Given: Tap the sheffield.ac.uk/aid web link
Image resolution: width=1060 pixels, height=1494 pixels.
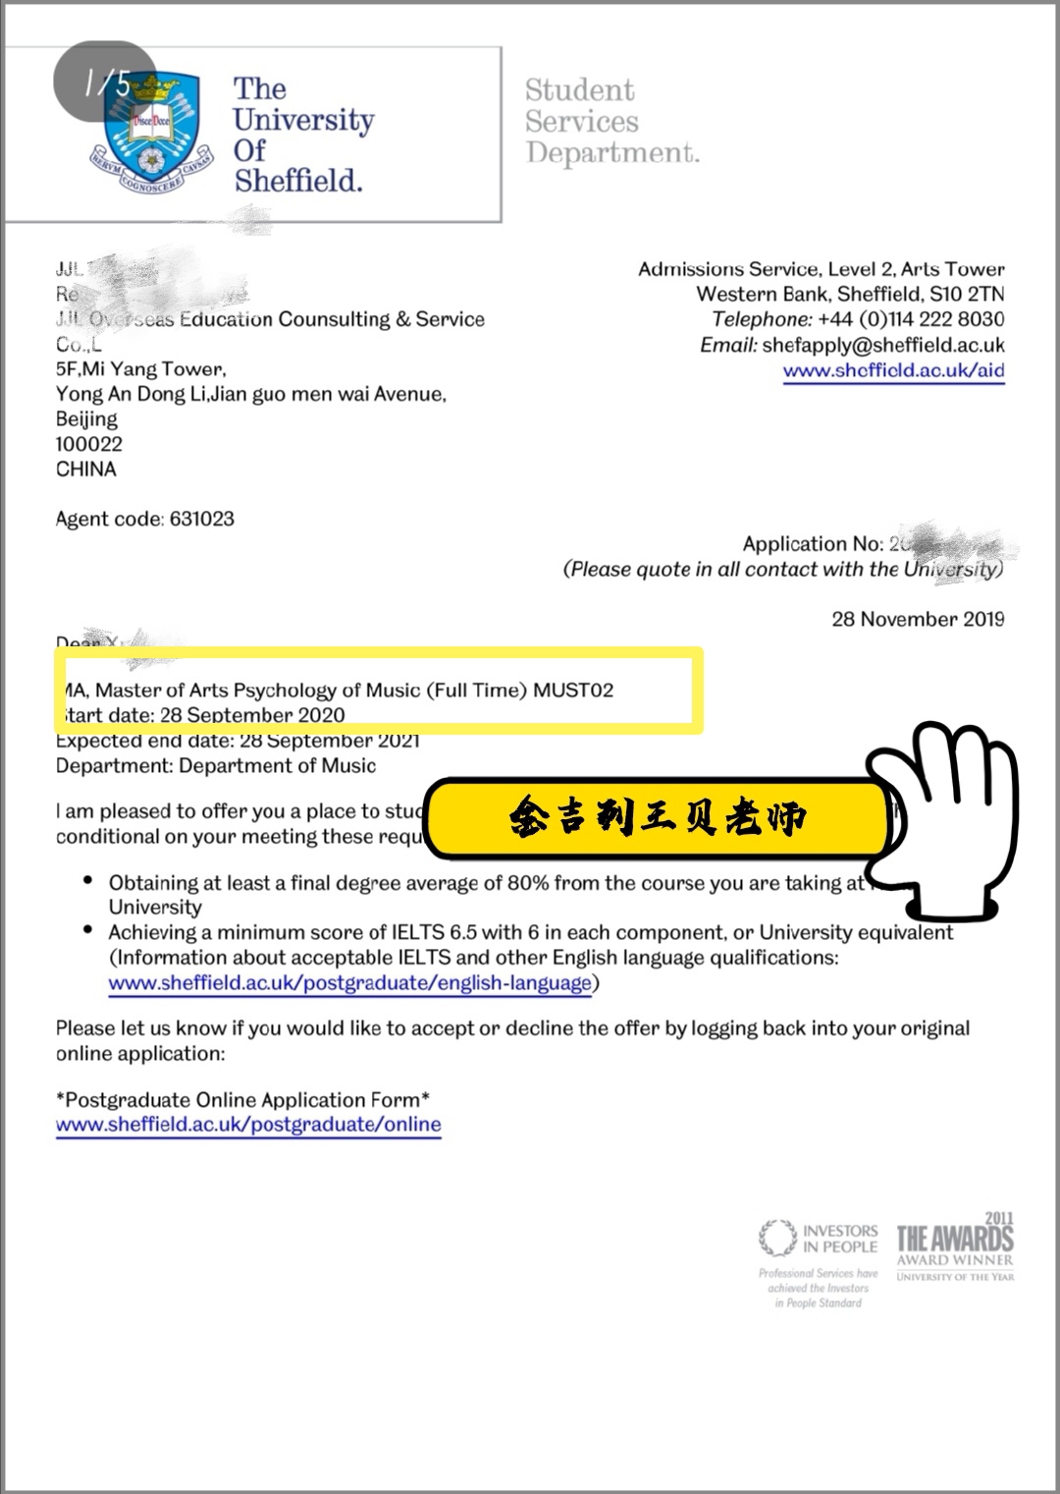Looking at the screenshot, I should [x=893, y=371].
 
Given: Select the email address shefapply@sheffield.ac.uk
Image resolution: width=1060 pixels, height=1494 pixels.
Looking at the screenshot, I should [x=882, y=345].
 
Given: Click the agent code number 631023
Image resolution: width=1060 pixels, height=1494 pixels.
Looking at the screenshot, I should [x=202, y=519].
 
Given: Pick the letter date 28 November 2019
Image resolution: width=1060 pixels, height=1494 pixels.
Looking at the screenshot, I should [x=918, y=619].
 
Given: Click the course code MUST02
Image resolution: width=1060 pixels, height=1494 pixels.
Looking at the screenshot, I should [x=573, y=690].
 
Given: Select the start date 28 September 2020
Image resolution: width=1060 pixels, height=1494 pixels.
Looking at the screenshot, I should [x=252, y=715].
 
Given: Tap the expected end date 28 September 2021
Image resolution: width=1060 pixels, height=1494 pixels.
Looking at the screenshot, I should [x=329, y=741].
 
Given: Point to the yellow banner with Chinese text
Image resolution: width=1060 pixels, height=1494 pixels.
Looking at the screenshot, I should [x=658, y=817].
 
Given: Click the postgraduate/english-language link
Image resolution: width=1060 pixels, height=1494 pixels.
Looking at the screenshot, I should [x=350, y=983].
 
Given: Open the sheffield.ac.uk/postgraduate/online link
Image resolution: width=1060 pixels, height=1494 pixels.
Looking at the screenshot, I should [x=248, y=1125].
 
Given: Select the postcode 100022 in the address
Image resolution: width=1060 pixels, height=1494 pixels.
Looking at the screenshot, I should [x=89, y=444].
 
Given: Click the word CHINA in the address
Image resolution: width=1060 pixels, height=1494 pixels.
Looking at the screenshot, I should [x=86, y=470].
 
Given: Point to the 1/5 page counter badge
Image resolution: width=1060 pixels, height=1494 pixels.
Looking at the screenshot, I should [x=106, y=83].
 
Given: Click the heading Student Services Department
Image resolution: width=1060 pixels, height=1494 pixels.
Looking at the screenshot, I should [x=610, y=122].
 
